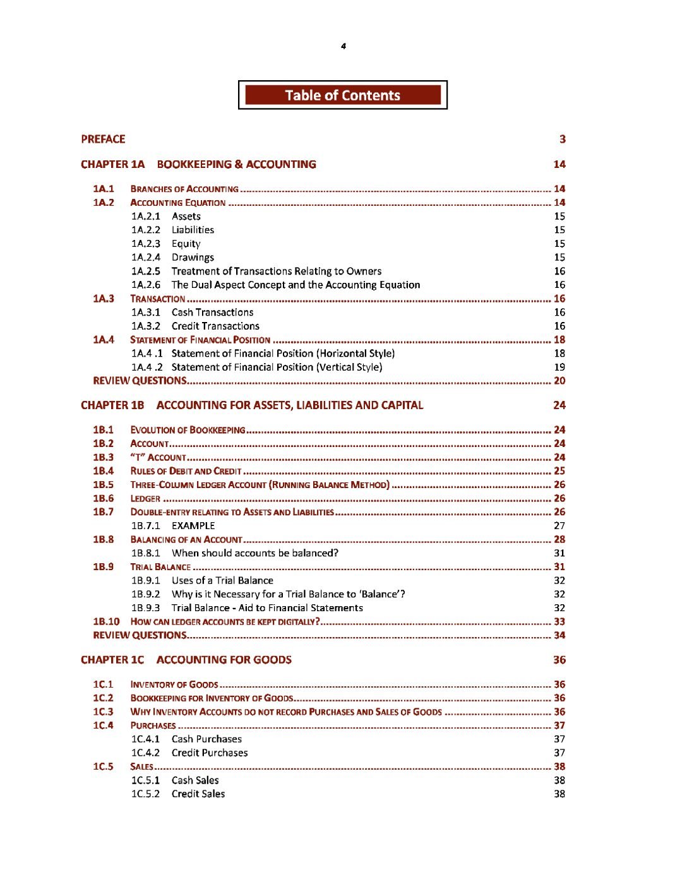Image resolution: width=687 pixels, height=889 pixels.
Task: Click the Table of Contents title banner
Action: tap(342, 95)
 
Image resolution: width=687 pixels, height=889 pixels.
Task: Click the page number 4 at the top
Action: tap(343, 46)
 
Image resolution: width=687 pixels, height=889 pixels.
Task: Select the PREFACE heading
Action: tap(103, 139)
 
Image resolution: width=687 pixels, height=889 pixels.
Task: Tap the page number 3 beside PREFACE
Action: tap(562, 139)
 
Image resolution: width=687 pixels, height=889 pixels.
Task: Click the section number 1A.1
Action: tap(104, 189)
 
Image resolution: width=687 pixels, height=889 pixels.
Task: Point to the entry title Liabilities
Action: tap(193, 230)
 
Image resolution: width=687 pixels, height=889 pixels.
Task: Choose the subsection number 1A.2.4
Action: tap(146, 257)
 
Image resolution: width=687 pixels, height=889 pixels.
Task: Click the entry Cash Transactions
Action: tap(212, 312)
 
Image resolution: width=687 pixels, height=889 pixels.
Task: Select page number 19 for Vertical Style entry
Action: tap(559, 367)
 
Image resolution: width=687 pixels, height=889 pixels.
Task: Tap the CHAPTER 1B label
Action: tap(112, 405)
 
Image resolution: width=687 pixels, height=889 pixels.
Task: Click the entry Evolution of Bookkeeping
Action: tap(188, 430)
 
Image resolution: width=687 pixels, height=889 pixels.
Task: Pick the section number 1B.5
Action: tap(104, 485)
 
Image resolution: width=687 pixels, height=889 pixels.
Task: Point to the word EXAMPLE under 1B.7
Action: tap(193, 525)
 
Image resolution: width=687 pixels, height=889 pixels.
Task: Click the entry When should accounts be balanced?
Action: tap(255, 553)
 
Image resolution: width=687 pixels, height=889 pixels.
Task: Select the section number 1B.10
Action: tap(106, 622)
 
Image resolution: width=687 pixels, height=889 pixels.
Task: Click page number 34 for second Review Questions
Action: tap(559, 635)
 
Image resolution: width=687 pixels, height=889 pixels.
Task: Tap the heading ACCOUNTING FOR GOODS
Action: tap(224, 660)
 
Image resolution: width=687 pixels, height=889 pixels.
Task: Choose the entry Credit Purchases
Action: tap(210, 753)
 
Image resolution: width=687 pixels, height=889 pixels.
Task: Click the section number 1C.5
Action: tap(104, 767)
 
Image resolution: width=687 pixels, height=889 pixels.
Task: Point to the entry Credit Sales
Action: tap(198, 794)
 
